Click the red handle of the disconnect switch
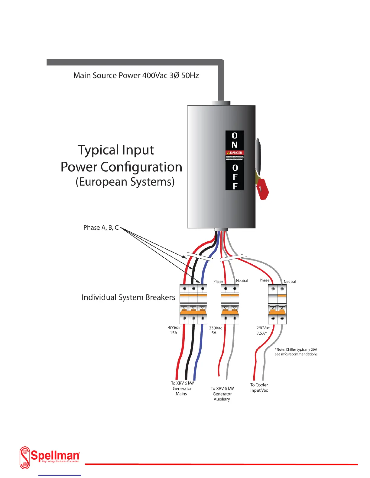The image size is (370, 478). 262,189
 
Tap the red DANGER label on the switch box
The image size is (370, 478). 235,153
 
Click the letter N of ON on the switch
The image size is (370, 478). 235,145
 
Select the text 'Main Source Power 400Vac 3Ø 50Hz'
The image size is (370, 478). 136,75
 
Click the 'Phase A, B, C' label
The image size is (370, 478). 101,228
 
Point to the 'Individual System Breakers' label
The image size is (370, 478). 128,297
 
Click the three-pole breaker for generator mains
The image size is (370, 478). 193,304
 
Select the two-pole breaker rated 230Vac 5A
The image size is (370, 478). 230,304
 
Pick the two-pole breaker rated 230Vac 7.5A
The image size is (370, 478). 277,304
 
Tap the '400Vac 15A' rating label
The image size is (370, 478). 174,330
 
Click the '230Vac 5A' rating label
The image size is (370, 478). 215,330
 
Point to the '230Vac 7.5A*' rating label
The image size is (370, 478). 263,330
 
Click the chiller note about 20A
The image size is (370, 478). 296,352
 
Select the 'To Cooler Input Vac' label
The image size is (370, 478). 259,387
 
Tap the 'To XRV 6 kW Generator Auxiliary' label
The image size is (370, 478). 222,394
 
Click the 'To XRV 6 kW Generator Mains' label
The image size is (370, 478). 182,388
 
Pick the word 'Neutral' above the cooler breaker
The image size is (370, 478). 290,282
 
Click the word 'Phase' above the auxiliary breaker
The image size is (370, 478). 218,281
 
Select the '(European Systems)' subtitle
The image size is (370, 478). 125,182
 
